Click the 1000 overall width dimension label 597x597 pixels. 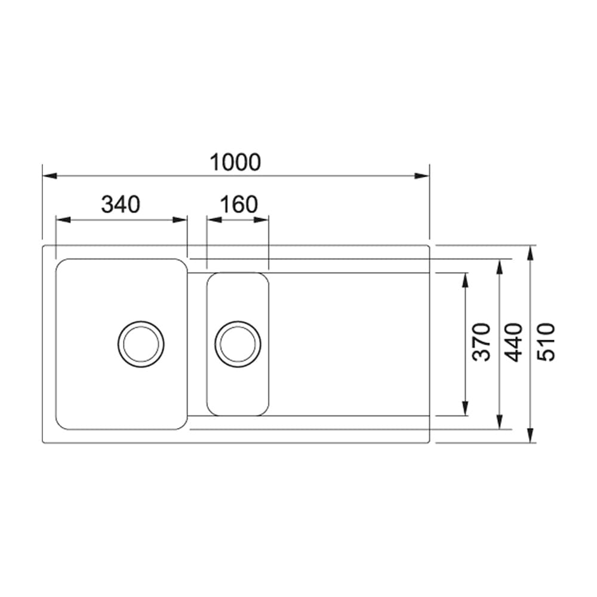coord(235,162)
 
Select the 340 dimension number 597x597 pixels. coord(121,205)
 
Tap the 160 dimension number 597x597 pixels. coord(239,205)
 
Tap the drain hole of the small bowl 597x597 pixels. coord(238,344)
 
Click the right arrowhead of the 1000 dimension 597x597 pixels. coord(423,176)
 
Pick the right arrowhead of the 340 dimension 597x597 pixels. coord(180,220)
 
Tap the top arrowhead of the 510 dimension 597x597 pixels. coord(531,253)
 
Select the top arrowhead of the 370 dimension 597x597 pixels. coord(465,280)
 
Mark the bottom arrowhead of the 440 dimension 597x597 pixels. coord(499,421)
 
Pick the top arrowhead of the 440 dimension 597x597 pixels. coord(499,266)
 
